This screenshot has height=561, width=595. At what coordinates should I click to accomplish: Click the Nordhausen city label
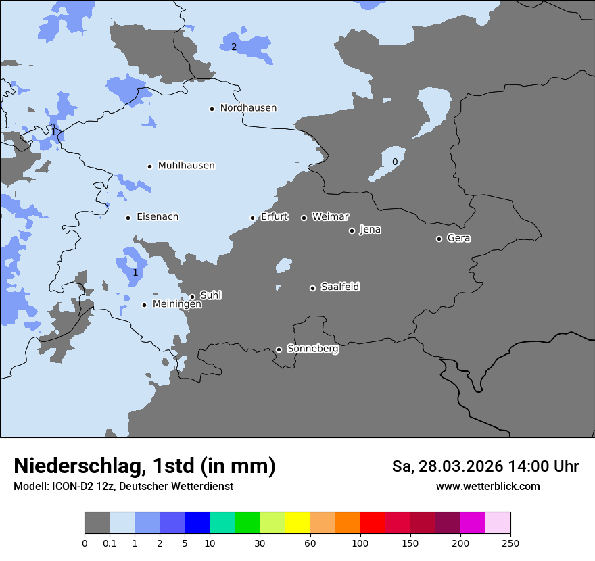(x=248, y=108)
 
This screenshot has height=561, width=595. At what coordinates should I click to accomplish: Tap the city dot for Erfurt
(x=252, y=218)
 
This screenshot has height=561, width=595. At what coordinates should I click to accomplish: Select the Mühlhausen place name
(x=186, y=166)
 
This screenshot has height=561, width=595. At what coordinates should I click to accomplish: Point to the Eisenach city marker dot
(x=128, y=218)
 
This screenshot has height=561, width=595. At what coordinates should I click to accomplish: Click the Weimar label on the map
(x=330, y=217)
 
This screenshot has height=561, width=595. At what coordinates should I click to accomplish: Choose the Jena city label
(x=370, y=230)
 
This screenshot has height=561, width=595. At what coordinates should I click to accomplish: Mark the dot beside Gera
(x=439, y=239)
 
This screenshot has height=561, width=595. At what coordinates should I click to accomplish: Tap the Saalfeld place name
(x=339, y=287)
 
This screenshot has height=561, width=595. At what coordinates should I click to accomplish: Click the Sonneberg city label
(x=312, y=349)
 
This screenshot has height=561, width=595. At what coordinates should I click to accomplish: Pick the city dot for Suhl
(x=192, y=297)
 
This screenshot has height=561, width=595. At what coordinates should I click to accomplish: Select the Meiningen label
(x=176, y=305)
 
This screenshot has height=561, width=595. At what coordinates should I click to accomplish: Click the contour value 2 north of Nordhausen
(x=234, y=47)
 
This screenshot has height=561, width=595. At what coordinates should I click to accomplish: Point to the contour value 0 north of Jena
(x=395, y=162)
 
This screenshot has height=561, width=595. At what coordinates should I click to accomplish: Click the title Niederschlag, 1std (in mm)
(x=145, y=466)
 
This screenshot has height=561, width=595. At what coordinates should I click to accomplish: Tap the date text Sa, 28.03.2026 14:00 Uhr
(x=485, y=466)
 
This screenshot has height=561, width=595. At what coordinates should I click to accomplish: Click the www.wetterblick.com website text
(x=487, y=486)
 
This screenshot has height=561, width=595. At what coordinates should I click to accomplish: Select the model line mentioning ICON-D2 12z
(x=123, y=486)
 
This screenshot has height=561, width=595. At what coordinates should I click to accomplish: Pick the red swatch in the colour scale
(x=373, y=523)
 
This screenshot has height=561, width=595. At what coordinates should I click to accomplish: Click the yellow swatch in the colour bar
(x=297, y=523)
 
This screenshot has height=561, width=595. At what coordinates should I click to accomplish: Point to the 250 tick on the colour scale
(x=510, y=543)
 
